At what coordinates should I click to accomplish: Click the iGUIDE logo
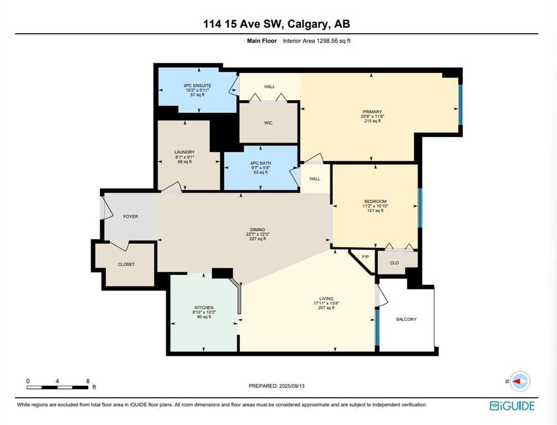click(512, 406)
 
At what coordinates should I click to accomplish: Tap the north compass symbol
click(520, 381)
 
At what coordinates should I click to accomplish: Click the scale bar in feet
click(58, 387)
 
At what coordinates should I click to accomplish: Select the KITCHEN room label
click(204, 308)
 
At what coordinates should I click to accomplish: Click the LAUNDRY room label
click(185, 152)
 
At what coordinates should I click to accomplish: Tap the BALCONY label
click(406, 319)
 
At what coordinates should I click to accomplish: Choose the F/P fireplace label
click(365, 257)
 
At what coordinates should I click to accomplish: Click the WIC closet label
click(268, 123)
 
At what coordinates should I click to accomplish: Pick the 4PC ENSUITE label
click(197, 86)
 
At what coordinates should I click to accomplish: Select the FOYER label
click(131, 216)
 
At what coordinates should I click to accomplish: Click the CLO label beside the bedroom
click(394, 263)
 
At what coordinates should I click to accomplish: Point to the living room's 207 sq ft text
click(327, 308)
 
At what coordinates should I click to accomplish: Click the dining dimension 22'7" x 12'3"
click(257, 234)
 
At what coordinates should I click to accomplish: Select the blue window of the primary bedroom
click(460, 105)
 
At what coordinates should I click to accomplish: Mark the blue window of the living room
click(377, 326)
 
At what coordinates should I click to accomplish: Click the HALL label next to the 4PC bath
click(314, 179)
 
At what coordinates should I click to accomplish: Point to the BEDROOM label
click(375, 201)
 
